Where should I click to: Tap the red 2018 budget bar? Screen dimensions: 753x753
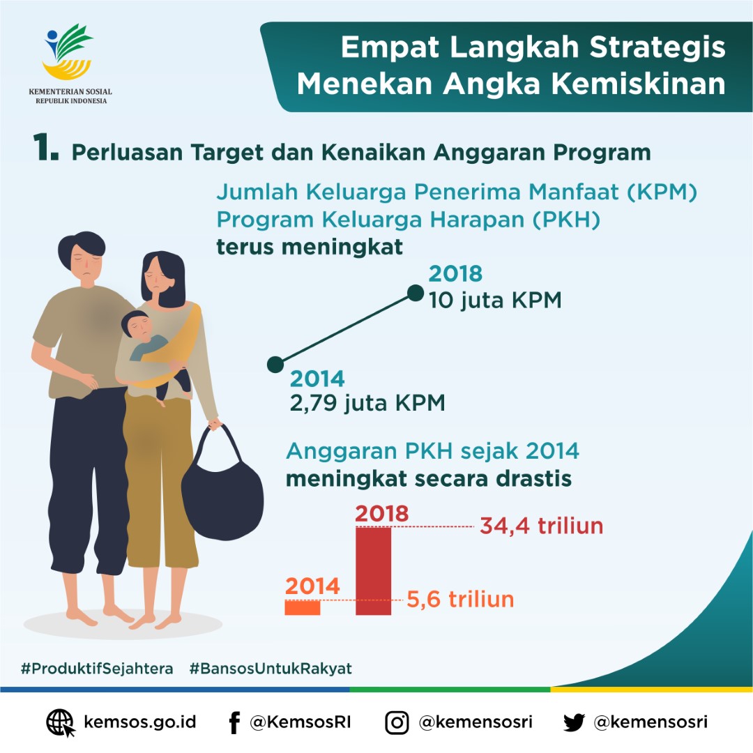pyautogui.click(x=373, y=572)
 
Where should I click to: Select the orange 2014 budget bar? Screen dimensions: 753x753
pyautogui.click(x=303, y=607)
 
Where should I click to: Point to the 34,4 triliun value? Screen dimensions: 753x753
pyautogui.click(x=541, y=526)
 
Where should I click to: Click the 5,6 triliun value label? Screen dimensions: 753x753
pyautogui.click(x=460, y=599)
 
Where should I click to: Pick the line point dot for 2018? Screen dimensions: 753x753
pyautogui.click(x=415, y=293)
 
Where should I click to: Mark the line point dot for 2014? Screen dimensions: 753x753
pyautogui.click(x=275, y=364)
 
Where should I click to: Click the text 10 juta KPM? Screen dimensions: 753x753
pyautogui.click(x=495, y=301)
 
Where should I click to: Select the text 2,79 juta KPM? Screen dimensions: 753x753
pyautogui.click(x=367, y=404)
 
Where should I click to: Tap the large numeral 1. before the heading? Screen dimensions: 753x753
pyautogui.click(x=45, y=149)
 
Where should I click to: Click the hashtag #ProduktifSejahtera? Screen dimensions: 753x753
pyautogui.click(x=97, y=668)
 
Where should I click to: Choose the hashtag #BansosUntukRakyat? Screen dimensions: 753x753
pyautogui.click(x=271, y=668)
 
